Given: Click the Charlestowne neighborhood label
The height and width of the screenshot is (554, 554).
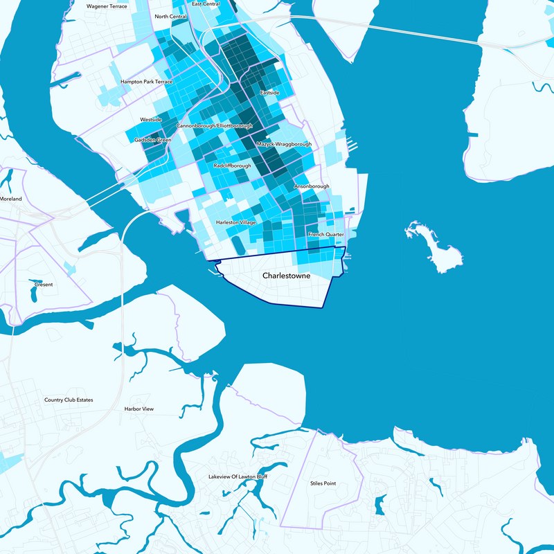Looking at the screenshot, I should [x=287, y=276].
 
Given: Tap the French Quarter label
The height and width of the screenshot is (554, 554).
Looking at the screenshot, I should [x=325, y=235].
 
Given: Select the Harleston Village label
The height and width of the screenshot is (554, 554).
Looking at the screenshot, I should [x=236, y=223].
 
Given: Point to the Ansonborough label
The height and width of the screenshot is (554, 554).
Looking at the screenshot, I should [x=312, y=187].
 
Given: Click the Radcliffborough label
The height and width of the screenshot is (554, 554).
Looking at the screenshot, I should [x=233, y=166].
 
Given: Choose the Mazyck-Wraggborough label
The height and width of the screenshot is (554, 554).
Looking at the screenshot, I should [x=284, y=145].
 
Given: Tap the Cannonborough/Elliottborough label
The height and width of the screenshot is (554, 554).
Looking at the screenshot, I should [x=215, y=126].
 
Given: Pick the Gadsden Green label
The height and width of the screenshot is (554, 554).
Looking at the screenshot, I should [x=153, y=140].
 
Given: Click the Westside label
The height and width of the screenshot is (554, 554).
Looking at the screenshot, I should [x=151, y=120].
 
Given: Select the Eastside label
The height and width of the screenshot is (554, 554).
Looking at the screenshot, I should [x=270, y=92].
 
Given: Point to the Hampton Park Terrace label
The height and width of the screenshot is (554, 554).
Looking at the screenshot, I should [x=146, y=82].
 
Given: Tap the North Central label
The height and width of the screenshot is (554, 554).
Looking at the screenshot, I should [x=170, y=17].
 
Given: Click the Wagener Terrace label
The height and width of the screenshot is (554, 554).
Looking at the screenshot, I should [x=107, y=6].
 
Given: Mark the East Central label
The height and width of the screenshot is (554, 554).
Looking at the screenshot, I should [x=206, y=4].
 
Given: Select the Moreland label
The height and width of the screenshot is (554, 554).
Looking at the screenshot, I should [x=11, y=199].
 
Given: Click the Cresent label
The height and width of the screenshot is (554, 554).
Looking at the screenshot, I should [x=43, y=285].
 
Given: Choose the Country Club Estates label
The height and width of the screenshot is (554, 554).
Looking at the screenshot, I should [x=69, y=400].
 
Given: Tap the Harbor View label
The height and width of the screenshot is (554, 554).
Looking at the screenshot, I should [x=138, y=409].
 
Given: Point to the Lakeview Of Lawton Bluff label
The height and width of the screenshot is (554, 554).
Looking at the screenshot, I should [x=238, y=477].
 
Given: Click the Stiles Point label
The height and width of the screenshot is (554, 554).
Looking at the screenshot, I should [x=323, y=483].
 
